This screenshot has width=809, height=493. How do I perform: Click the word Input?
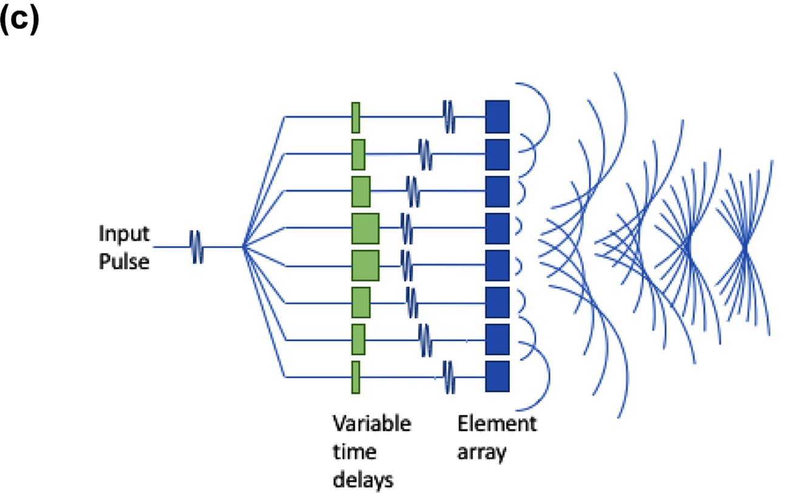pos(124,234)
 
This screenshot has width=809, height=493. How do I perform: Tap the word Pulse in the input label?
pos(124,263)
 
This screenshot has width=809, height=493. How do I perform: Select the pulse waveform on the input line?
pos(197,247)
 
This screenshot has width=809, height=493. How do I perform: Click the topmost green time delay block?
pos(356,117)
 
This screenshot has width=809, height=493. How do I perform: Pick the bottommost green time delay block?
pos(356,377)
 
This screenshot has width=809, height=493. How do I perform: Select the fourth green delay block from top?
pos(365,229)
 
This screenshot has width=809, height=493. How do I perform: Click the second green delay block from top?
pos(358,154)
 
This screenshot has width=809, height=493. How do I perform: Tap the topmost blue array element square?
pos(497,116)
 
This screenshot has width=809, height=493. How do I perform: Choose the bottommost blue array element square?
pos(497,377)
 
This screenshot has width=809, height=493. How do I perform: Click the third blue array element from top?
pos(497,191)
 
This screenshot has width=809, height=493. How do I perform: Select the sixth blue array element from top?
pos(497,302)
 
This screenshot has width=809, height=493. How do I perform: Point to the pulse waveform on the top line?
pos(449,116)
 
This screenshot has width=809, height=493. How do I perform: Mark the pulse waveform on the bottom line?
pos(449,377)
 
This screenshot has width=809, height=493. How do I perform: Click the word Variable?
pos(371,423)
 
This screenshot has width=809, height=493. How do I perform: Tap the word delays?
pos(363,480)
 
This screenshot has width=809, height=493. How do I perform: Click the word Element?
pos(497,423)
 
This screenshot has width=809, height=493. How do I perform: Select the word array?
pos(482,452)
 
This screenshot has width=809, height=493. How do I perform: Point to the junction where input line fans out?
pos(243,247)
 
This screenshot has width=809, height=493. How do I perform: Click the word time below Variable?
pos(354,452)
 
